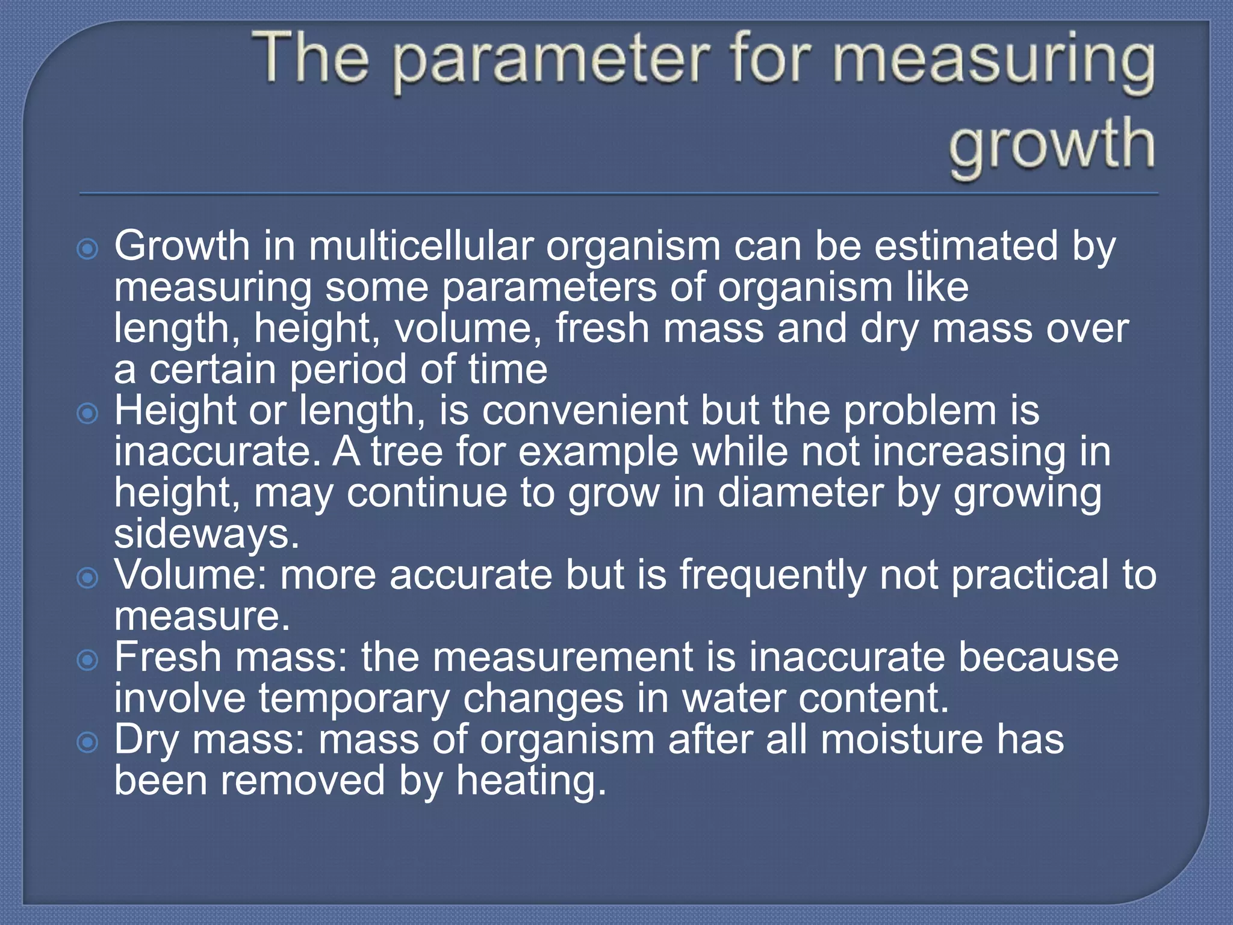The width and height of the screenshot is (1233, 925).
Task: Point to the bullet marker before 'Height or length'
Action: (88, 413)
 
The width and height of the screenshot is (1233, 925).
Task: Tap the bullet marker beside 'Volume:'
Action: (88, 578)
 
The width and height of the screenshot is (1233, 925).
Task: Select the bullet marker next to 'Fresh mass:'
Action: (88, 660)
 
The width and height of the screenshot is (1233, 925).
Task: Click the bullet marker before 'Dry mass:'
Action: (88, 742)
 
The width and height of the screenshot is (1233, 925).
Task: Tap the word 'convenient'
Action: (584, 411)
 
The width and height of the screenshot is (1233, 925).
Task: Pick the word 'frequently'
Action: (772, 576)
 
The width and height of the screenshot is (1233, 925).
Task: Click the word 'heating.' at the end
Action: (530, 781)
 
